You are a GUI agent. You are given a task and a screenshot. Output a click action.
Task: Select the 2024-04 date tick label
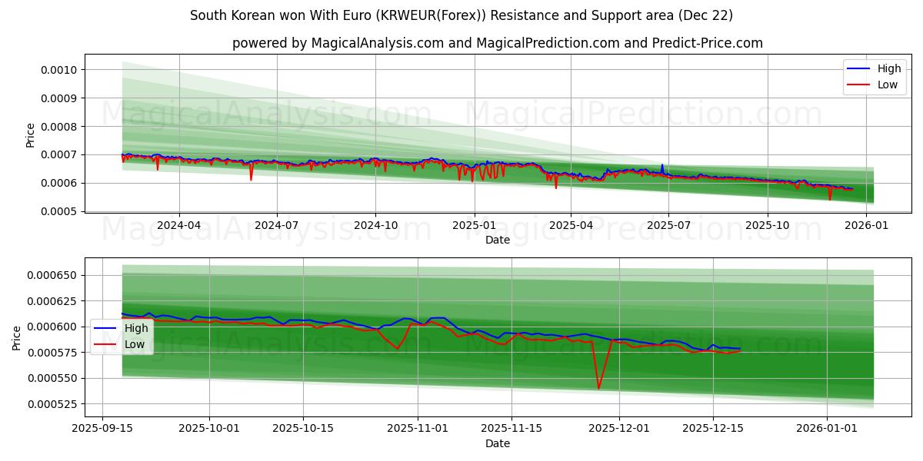[179, 225]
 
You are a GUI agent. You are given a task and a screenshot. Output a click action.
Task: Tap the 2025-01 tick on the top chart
[474, 225]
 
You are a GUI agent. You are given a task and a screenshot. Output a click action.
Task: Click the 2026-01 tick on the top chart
[866, 225]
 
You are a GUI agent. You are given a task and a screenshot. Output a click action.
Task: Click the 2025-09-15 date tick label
[103, 428]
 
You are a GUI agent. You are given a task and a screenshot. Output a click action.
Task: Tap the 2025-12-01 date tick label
[620, 428]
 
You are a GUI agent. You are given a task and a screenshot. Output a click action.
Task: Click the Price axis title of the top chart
[30, 135]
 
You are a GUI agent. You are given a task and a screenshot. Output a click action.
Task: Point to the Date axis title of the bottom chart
[497, 443]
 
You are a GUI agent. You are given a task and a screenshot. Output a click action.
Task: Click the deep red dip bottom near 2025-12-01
[598, 388]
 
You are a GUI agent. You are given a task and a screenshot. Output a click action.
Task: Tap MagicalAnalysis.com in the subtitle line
[377, 43]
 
